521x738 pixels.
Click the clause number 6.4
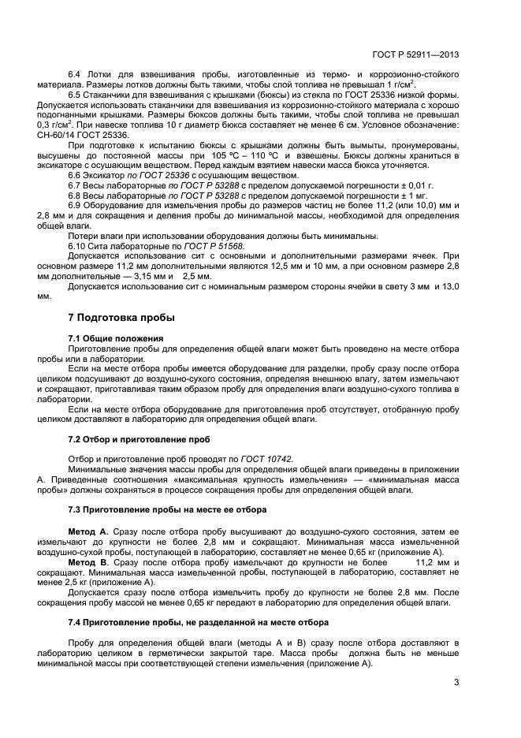pyautogui.click(x=76, y=73)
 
